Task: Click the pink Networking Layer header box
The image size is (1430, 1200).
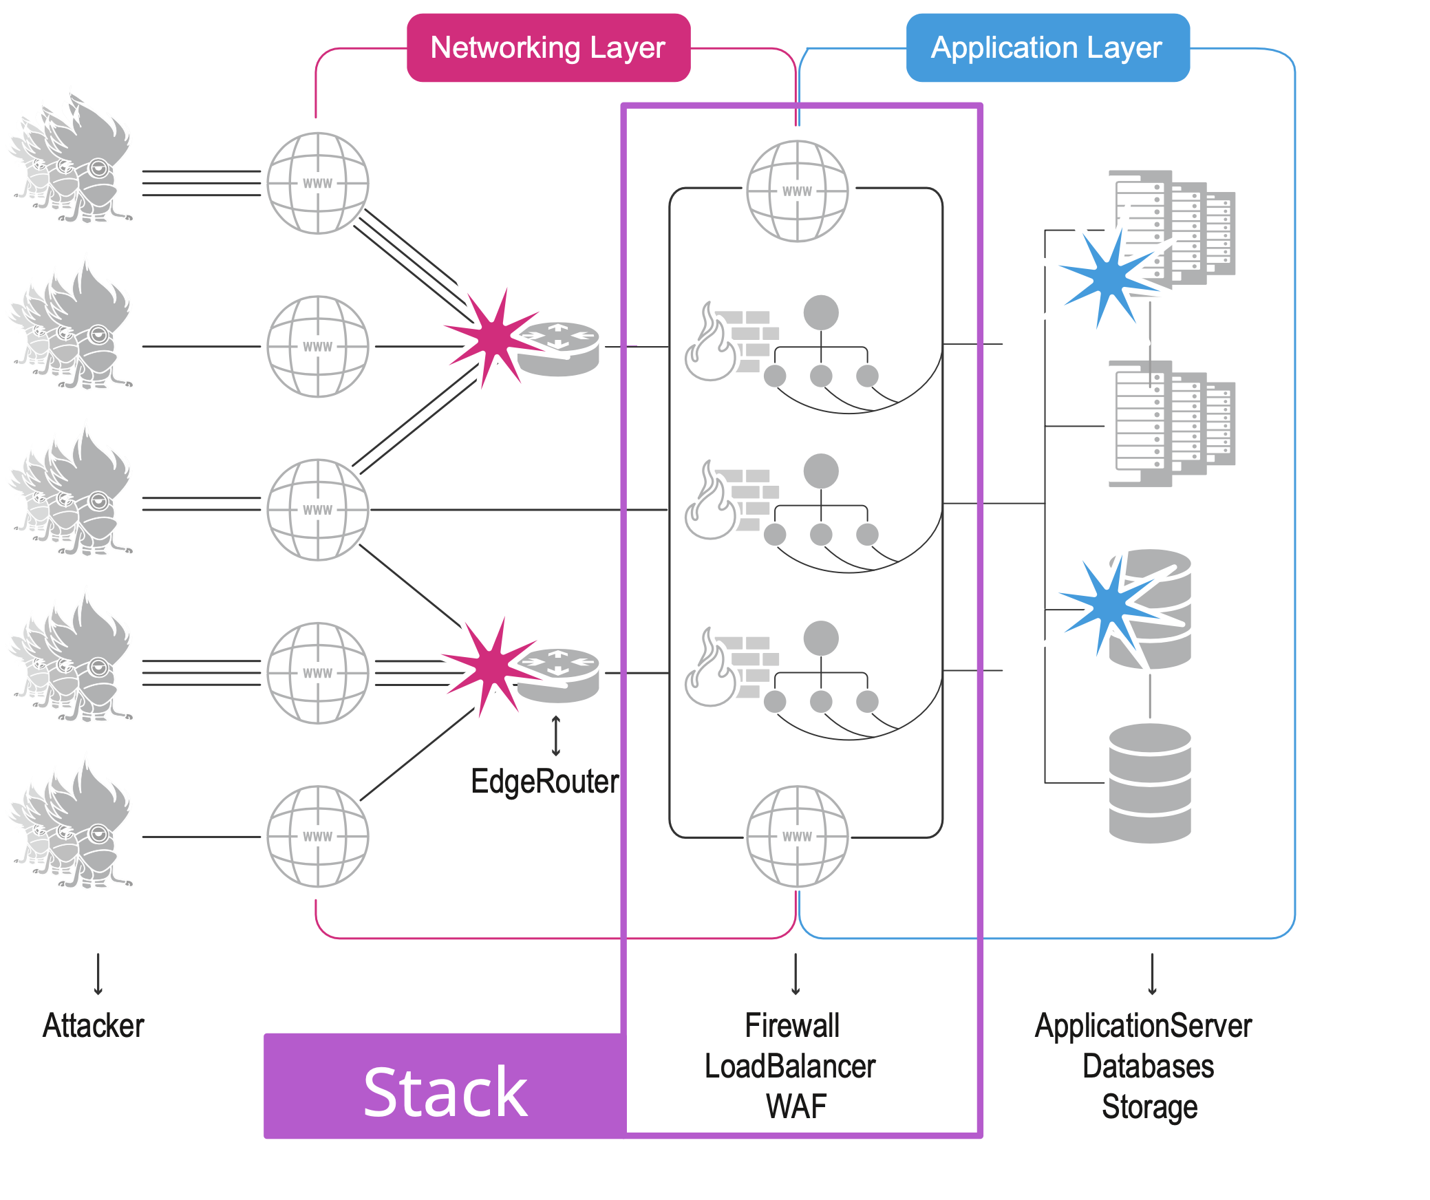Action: pos(548,48)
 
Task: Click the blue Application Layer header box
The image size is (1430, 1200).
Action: pos(1047,48)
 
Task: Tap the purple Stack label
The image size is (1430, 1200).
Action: pos(445,1092)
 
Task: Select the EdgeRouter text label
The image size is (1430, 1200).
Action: pos(544,782)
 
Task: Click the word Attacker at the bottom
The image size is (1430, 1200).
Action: pos(94,1025)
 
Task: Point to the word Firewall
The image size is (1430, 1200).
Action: pos(792,1025)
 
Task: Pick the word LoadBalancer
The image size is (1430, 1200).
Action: pos(790,1066)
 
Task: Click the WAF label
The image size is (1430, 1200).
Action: pos(796,1106)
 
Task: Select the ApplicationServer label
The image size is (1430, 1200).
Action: pos(1143,1025)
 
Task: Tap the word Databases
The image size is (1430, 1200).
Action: pos(1148,1066)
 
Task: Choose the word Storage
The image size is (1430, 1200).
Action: pos(1149,1106)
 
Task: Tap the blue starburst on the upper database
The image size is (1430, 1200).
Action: pos(1110,606)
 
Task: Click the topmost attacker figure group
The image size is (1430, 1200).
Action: pos(72,162)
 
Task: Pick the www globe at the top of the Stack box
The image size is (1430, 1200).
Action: pos(797,191)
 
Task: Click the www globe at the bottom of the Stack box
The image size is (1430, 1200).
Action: pos(797,836)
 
